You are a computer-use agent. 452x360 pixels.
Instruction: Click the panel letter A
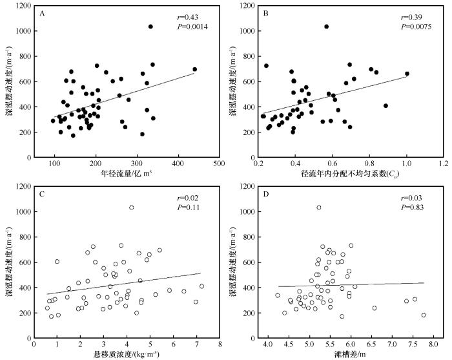(x=42, y=12)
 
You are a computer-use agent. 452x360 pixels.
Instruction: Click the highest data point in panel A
(x=150, y=26)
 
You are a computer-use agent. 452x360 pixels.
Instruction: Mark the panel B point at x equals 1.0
(x=407, y=74)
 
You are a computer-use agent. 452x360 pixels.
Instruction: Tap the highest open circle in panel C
(x=131, y=207)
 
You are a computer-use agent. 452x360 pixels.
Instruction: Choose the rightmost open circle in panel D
(x=424, y=315)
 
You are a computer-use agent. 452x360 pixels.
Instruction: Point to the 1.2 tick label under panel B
(x=444, y=164)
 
